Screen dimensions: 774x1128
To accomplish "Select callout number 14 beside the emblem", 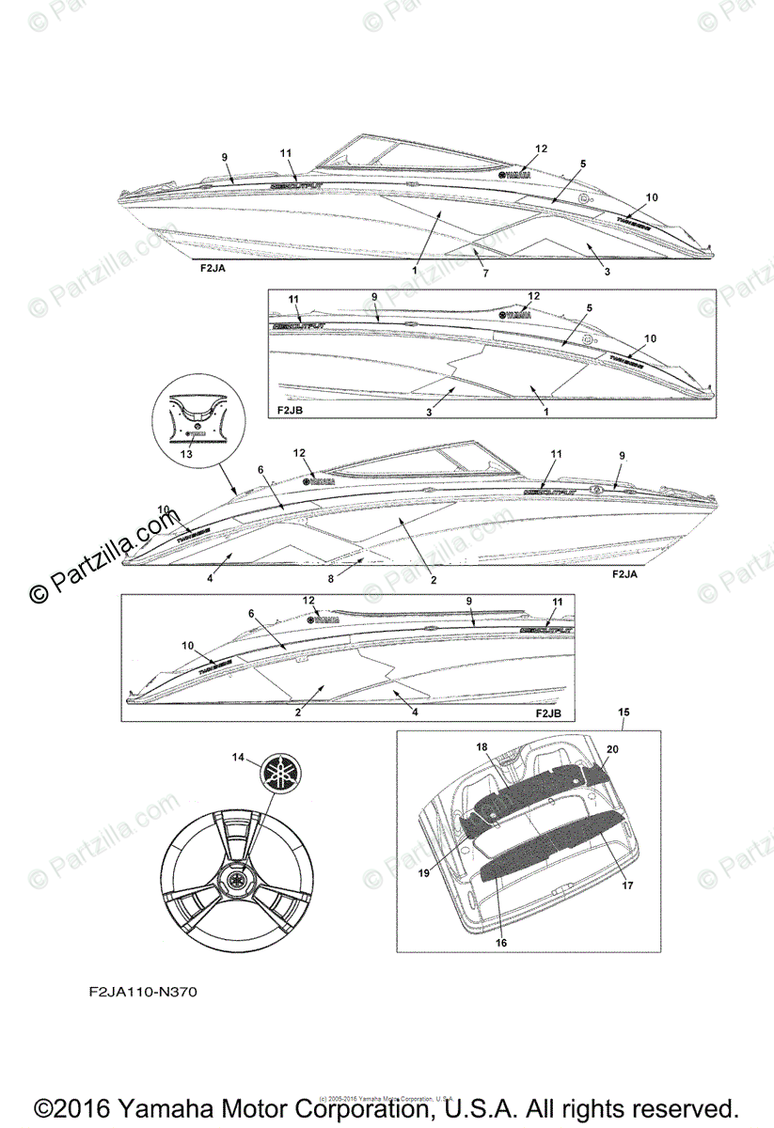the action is [238, 757].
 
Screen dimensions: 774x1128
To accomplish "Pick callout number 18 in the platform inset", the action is [482, 746].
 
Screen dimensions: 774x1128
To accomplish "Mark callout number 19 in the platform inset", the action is [423, 872].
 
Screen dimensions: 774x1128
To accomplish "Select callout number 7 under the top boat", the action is [485, 273].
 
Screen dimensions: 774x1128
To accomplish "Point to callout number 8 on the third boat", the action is [330, 579].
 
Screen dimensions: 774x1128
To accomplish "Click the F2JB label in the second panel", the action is [291, 411].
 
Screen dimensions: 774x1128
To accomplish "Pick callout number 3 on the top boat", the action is [608, 272].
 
